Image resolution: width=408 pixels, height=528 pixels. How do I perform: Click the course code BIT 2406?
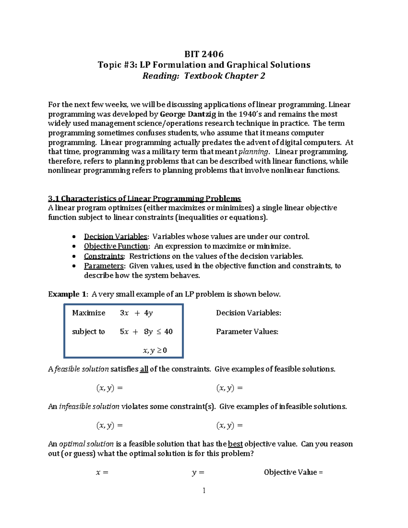204,54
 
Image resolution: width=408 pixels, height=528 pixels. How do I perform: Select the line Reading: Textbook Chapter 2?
204,76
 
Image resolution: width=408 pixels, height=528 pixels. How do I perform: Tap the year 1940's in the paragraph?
250,114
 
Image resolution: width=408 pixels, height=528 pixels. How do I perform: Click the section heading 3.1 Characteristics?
144,199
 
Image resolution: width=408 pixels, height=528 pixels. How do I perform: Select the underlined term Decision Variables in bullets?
116,237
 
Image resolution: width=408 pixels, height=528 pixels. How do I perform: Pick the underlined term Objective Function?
116,246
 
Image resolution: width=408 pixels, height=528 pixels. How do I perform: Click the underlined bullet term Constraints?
104,256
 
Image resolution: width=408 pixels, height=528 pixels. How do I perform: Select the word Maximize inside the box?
89,313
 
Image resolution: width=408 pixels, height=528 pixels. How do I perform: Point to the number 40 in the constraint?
168,331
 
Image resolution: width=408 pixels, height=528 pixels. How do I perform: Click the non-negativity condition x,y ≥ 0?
155,351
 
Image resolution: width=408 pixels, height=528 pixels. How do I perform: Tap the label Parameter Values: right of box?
247,331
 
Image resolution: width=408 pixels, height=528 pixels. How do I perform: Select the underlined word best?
235,444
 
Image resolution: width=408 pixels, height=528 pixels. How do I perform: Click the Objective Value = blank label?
293,472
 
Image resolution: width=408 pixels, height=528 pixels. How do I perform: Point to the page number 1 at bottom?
204,490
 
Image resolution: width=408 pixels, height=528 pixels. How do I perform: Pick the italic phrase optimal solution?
86,444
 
